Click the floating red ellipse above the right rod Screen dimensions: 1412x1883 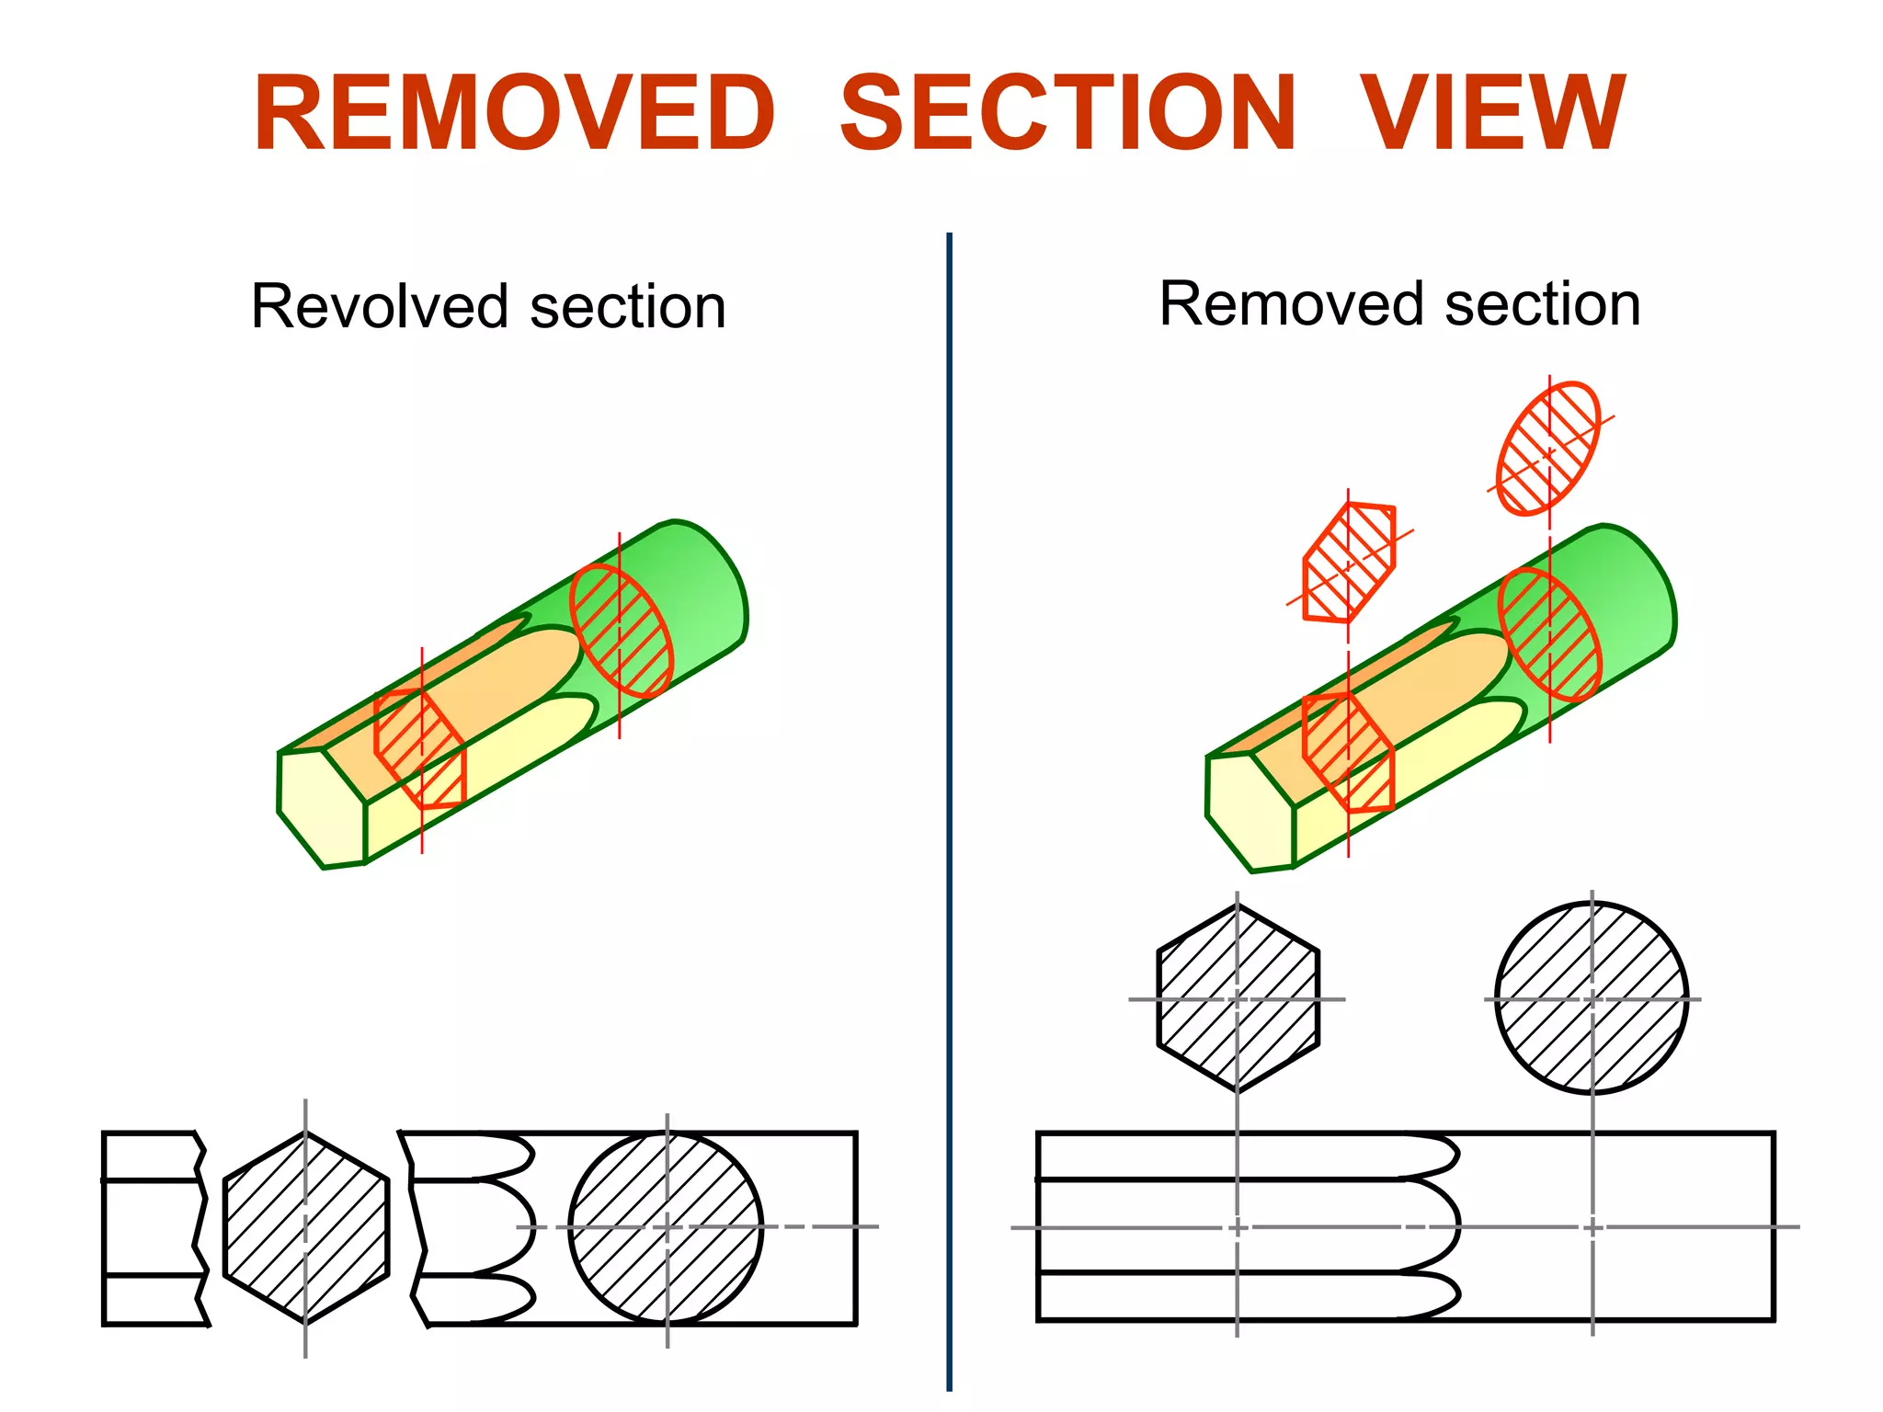(1548, 449)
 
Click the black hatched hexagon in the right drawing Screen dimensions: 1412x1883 (1238, 998)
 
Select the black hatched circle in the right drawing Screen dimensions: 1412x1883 (1592, 998)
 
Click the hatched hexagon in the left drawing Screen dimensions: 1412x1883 (306, 1228)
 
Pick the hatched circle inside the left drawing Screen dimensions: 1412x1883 (666, 1228)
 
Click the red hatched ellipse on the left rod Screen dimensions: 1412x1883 (622, 631)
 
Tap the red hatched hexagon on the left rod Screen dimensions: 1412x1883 (420, 748)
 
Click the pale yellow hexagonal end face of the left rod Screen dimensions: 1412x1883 (317, 809)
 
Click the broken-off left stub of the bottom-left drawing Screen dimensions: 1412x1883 (152, 1228)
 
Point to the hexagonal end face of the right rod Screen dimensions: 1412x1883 (1246, 813)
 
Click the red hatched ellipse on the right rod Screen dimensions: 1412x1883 (1550, 634)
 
